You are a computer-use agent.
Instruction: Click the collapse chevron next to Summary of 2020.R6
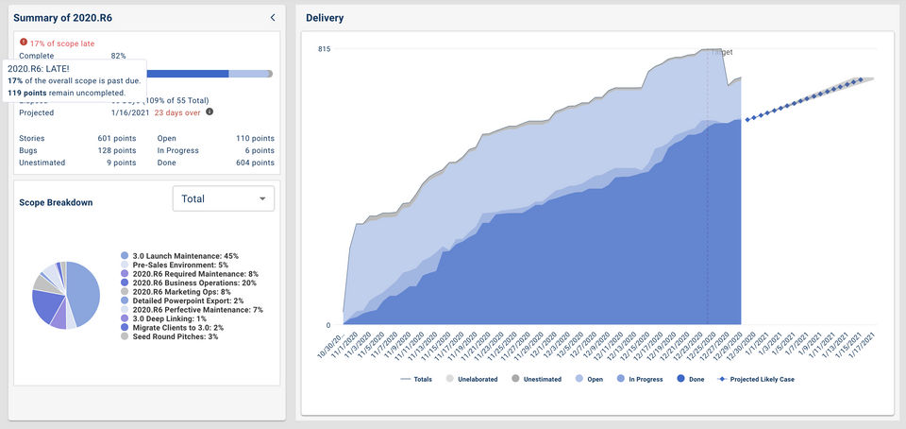272,17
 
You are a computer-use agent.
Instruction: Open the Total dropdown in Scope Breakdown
224,198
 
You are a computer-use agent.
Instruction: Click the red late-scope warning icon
24,43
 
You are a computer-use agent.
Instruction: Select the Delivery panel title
325,18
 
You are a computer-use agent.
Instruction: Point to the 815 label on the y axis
324,49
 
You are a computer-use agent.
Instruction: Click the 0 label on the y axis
327,325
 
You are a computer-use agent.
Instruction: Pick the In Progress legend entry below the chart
637,379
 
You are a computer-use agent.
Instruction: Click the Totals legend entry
415,379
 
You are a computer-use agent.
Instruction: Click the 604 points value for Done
255,163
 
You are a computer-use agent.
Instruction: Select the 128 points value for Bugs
117,150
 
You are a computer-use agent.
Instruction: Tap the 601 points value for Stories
117,138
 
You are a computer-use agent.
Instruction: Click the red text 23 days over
177,112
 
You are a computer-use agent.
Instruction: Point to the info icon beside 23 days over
210,112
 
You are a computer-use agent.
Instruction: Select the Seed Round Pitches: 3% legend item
175,336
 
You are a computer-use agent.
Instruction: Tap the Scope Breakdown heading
56,202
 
